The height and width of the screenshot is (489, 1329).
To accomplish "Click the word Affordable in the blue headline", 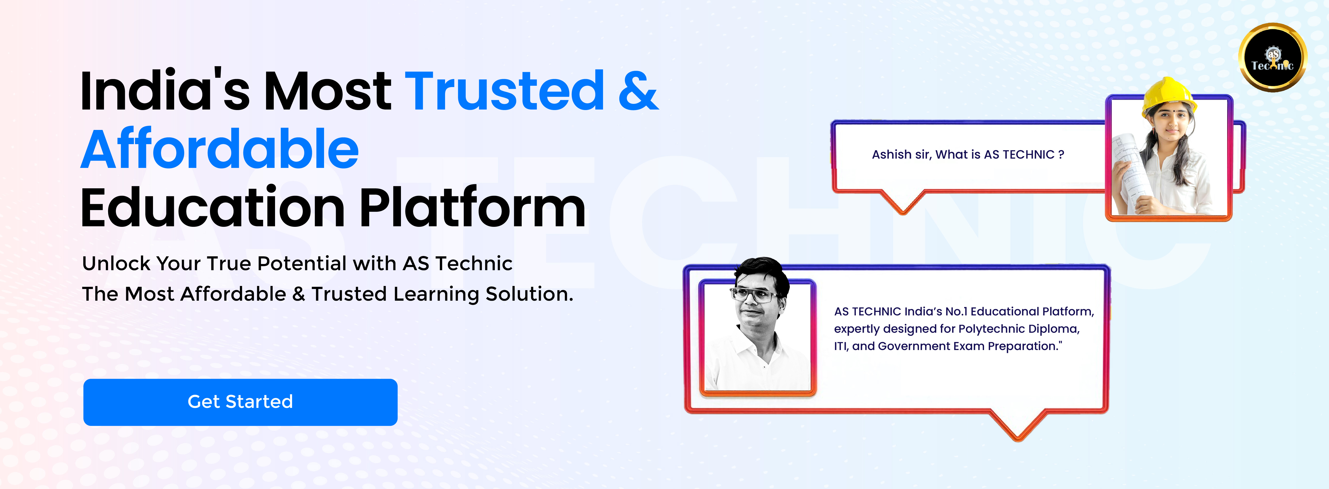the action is tap(220, 149).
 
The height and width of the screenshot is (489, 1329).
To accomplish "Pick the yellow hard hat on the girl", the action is tap(1169, 96).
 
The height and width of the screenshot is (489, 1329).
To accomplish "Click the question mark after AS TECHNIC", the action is tap(1061, 154).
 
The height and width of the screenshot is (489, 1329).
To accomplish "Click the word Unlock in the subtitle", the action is tap(117, 263).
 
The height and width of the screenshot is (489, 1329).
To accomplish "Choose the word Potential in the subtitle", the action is tap(302, 263).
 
